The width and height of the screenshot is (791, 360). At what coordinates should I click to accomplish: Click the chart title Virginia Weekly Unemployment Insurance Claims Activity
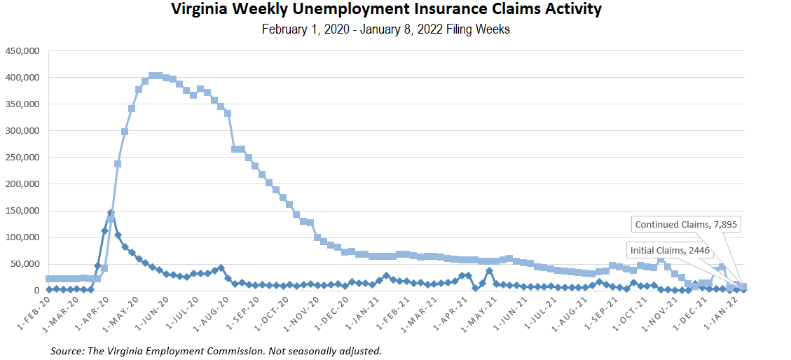coord(386,10)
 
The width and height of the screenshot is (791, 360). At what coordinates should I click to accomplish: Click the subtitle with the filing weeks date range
coord(386,30)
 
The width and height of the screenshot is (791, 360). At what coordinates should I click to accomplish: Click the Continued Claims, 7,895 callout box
coord(686,225)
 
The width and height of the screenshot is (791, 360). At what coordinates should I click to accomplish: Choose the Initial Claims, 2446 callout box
coord(670,250)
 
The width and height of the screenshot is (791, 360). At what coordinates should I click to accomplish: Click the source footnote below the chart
coord(216,350)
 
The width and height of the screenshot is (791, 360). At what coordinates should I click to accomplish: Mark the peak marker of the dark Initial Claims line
coord(111,212)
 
